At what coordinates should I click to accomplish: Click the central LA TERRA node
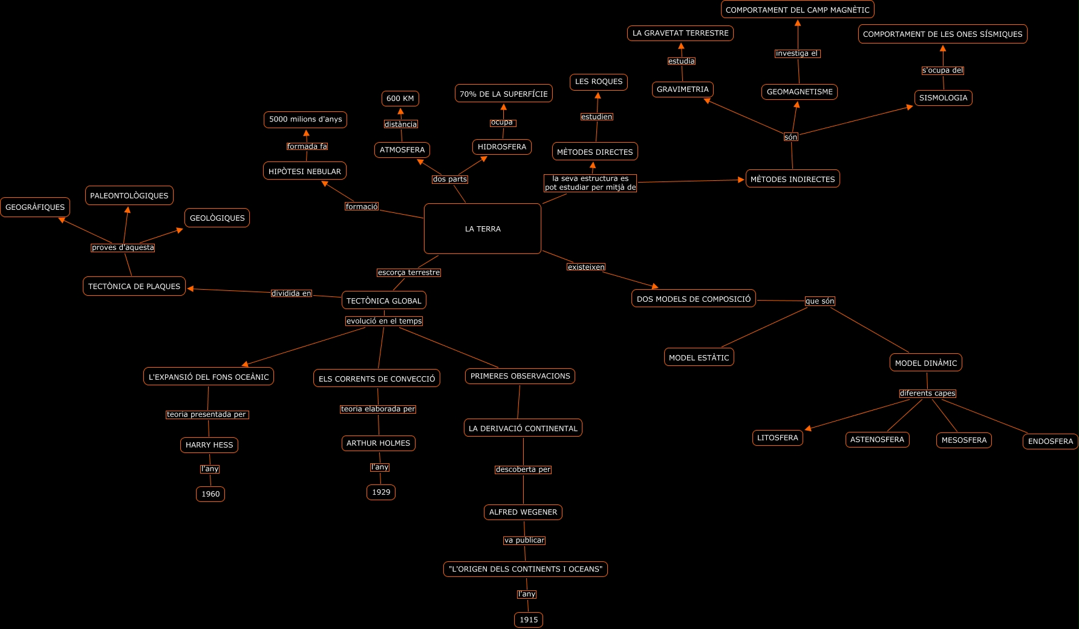coord(482,229)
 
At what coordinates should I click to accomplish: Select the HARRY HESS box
coord(209,445)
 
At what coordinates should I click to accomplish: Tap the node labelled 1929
coord(381,492)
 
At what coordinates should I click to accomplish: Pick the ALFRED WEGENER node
coord(523,512)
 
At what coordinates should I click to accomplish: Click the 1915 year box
coord(529,619)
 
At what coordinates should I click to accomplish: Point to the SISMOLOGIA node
coord(943,98)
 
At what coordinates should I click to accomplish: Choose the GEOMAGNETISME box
coord(800,92)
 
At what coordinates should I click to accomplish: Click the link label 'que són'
coord(820,301)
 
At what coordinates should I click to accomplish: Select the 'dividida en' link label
coord(291,293)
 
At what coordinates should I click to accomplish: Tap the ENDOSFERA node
coord(1050,442)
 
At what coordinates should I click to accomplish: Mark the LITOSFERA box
coord(777,438)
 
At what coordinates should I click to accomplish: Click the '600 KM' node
coord(400,99)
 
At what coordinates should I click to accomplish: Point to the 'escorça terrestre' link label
coord(409,273)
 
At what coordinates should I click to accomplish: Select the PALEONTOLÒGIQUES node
coord(129,195)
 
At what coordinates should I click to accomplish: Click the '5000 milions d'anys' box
coord(305,120)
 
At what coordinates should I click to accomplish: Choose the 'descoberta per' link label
coord(523,469)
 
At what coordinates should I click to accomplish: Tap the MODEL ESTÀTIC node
coord(699,357)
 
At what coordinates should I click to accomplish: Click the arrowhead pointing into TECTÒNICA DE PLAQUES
coord(190,289)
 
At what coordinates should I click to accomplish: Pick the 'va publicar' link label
coord(524,541)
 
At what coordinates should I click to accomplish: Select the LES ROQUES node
coord(599,82)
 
